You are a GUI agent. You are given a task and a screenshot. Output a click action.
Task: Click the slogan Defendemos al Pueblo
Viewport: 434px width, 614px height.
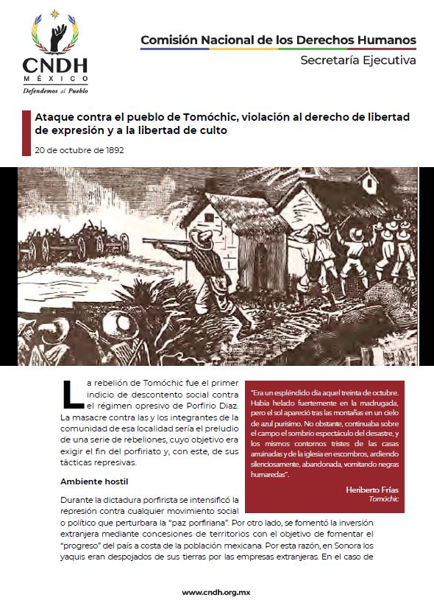[x=56, y=92]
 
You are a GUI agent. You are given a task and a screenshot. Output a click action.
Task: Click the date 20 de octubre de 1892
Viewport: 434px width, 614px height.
[x=79, y=150]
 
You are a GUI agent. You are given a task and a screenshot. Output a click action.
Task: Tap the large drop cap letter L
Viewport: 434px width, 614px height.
[x=73, y=392]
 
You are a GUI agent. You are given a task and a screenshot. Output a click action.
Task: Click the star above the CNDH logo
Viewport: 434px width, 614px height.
[x=55, y=11]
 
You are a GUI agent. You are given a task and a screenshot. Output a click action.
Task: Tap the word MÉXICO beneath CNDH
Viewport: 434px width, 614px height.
[x=55, y=78]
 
